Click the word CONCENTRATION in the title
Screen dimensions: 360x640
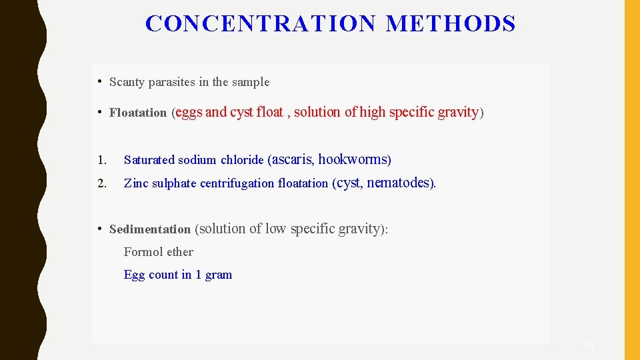(261, 24)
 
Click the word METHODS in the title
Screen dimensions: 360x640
(451, 24)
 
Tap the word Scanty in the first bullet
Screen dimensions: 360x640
(127, 82)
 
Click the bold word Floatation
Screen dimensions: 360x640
(138, 113)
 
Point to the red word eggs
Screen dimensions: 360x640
(189, 113)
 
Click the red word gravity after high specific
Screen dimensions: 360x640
(458, 112)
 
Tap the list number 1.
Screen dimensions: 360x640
(101, 160)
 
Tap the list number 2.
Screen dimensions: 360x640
(101, 183)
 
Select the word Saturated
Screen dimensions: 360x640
(148, 160)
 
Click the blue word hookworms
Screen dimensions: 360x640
(353, 159)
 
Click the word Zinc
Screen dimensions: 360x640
(136, 183)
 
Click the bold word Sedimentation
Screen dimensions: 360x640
(150, 229)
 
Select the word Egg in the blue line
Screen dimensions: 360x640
(134, 275)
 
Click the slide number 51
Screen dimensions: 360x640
(589, 344)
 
